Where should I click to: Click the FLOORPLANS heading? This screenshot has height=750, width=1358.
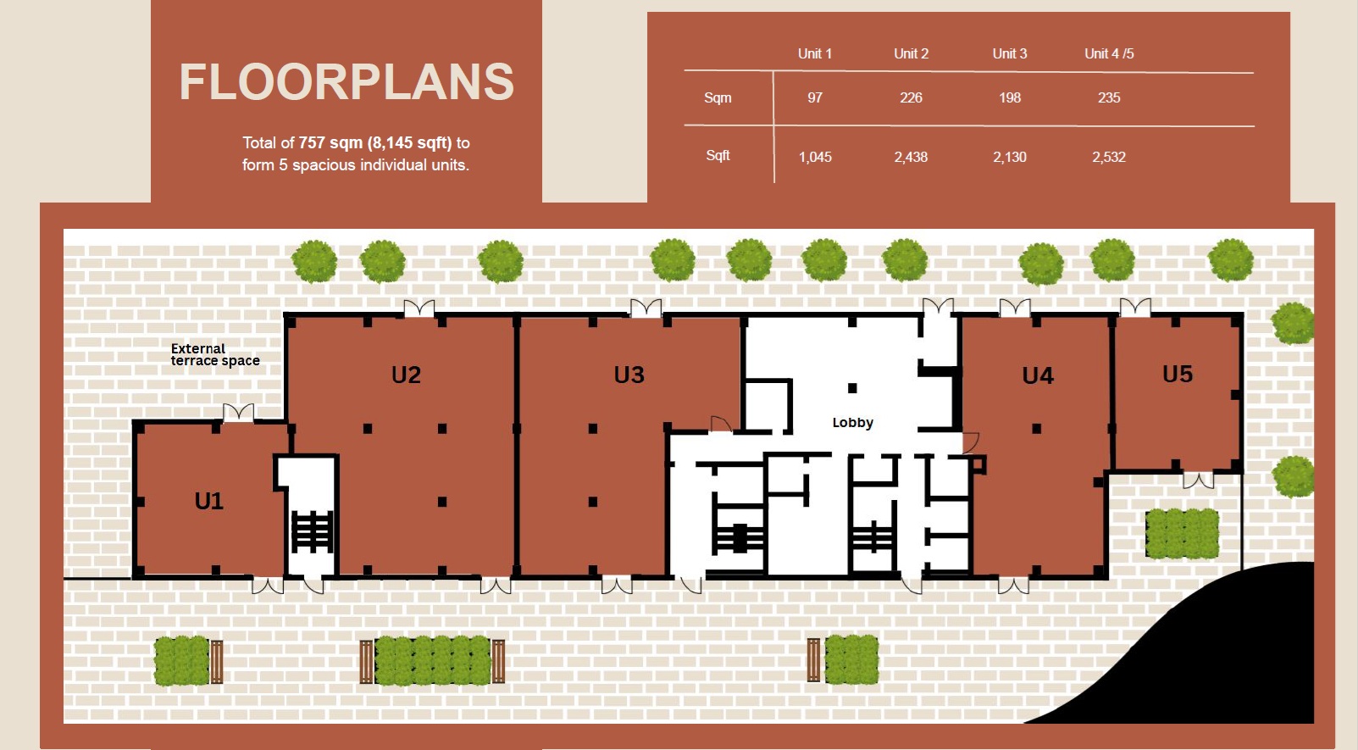pos(346,82)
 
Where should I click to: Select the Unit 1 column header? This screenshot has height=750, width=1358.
pos(814,54)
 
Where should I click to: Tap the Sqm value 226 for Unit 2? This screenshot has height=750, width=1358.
pos(911,97)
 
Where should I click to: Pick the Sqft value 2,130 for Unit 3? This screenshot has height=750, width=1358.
pos(1010,157)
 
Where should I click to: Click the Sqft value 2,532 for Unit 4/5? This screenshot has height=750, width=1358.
pos(1109,157)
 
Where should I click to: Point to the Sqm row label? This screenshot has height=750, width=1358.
pos(718,97)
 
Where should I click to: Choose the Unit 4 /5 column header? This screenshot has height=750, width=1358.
pos(1109,54)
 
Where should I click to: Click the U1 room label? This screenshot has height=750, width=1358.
pos(209,501)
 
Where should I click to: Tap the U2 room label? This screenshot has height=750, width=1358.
pos(406,375)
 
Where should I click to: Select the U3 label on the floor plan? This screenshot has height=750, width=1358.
pos(629,375)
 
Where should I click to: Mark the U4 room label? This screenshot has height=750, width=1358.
pos(1038,376)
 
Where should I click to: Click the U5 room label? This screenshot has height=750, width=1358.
pos(1178,374)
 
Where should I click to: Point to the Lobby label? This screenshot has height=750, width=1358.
pos(852,423)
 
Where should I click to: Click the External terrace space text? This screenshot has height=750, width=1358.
pos(215,355)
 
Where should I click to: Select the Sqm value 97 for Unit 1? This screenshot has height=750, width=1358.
pos(814,97)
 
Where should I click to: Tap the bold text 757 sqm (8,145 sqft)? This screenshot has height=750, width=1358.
pos(374,143)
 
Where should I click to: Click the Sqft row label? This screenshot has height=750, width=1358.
pos(718,156)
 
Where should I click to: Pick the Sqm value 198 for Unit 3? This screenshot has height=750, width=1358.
pos(1010,97)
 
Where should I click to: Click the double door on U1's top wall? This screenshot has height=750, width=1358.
pos(238,413)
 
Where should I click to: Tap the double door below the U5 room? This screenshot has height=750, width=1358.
pos(1199,481)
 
